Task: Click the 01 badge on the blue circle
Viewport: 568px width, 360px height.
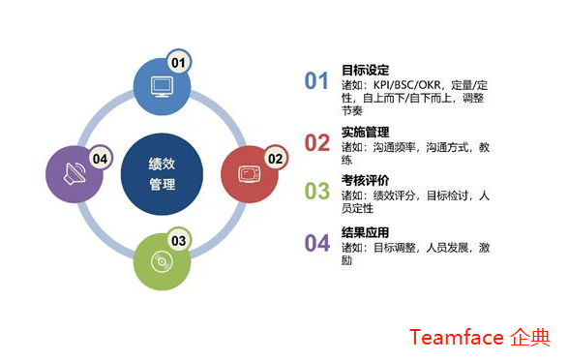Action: [178, 62]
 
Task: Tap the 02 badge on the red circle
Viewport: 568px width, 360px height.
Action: [275, 158]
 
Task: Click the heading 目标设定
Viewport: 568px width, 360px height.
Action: [365, 70]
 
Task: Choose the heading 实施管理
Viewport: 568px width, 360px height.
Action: [365, 132]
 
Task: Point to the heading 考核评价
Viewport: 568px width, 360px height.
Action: [365, 181]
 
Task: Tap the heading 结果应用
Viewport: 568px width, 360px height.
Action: [365, 232]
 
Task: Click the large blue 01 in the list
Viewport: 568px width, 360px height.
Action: [317, 80]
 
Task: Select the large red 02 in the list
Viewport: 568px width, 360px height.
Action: [317, 142]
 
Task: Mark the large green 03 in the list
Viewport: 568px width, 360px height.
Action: [317, 192]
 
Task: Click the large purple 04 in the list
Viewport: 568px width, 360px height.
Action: [317, 243]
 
